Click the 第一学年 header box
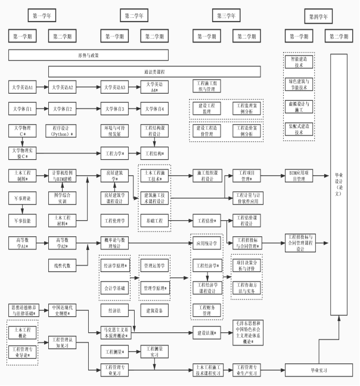click(45, 15)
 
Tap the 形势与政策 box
click(88, 55)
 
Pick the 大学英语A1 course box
click(23, 87)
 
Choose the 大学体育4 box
click(154, 109)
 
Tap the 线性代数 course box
click(63, 264)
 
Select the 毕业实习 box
click(319, 370)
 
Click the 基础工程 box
click(154, 221)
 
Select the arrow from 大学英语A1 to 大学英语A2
click(41, 87)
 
